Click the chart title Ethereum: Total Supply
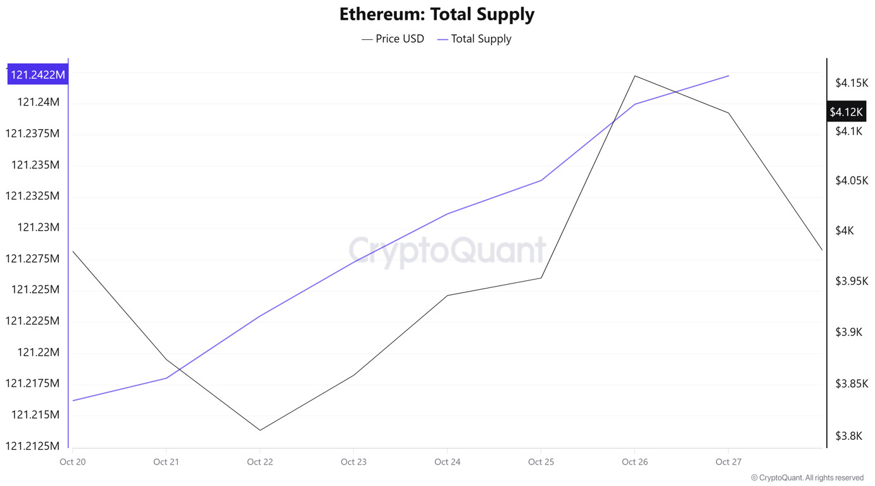(437, 14)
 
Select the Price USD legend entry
(393, 39)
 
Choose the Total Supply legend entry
(474, 39)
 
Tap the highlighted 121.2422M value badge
(38, 75)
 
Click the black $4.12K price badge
(847, 112)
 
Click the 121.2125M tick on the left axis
(32, 446)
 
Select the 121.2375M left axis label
(32, 134)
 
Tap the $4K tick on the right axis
(845, 231)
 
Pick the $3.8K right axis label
(848, 436)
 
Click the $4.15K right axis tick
(850, 83)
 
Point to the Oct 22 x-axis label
(260, 462)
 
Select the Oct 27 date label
(728, 462)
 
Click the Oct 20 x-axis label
(72, 462)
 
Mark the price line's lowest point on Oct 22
(260, 430)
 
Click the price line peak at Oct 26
(635, 76)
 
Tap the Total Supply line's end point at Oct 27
(729, 76)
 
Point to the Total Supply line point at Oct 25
(541, 180)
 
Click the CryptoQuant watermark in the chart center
(447, 251)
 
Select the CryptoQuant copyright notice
(807, 478)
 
